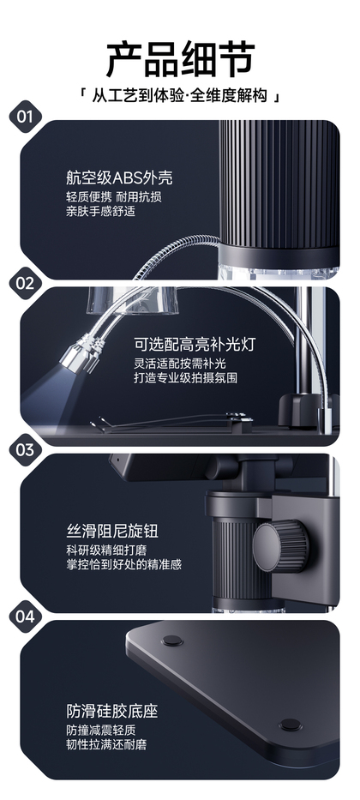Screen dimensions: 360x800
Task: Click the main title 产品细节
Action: (x=180, y=59)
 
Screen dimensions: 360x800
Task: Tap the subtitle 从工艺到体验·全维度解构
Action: (x=179, y=95)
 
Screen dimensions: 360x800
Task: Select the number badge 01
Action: (x=25, y=117)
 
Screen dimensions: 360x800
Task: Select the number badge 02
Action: (x=25, y=283)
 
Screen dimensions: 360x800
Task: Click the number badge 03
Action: (x=25, y=450)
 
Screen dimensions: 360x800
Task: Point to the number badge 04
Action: (x=25, y=617)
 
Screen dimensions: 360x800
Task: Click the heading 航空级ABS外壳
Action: (x=119, y=177)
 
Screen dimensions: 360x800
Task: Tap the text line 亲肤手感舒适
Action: (x=101, y=211)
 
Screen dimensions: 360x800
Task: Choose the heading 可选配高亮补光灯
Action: (x=195, y=345)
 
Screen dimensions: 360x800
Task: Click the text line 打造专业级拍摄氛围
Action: (x=186, y=378)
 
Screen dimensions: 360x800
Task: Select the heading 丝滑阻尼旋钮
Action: (x=112, y=531)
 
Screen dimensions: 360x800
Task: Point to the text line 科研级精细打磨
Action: (x=106, y=551)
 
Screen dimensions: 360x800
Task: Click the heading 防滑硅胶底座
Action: (x=112, y=711)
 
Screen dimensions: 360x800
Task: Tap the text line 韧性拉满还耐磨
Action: (x=106, y=744)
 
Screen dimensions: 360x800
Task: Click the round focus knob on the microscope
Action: (x=281, y=545)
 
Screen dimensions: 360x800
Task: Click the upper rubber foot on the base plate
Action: (x=171, y=641)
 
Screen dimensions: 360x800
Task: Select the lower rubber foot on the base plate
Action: (x=290, y=725)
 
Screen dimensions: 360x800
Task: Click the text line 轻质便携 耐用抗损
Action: (x=114, y=197)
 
